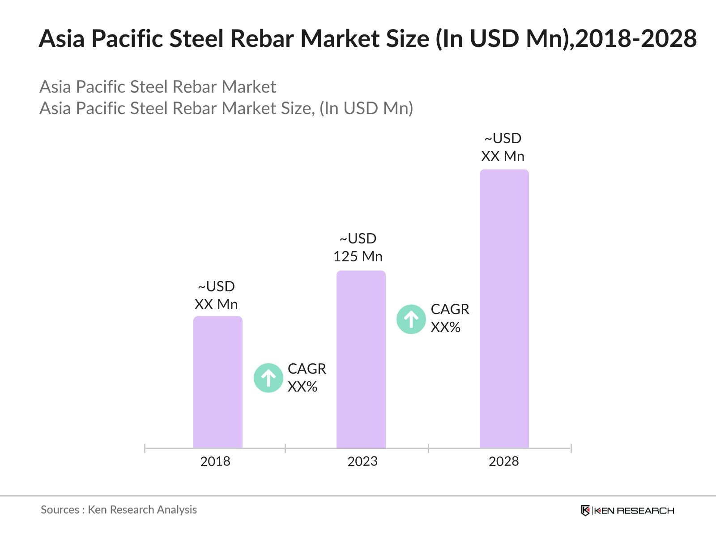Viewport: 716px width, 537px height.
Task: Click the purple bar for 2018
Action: click(217, 383)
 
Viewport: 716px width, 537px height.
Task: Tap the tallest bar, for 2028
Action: click(504, 309)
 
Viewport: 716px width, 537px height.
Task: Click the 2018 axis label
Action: click(215, 461)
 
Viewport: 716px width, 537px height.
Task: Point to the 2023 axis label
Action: click(362, 461)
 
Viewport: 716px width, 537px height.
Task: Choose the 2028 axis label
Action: click(503, 461)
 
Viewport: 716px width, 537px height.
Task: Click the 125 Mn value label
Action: click(358, 256)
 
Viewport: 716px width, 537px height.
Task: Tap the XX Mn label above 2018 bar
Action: click(216, 304)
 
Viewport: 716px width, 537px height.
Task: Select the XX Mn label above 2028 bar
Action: click(503, 156)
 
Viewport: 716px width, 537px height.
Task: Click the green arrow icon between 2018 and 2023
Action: click(268, 378)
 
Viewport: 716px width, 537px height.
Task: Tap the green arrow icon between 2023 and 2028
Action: click(411, 320)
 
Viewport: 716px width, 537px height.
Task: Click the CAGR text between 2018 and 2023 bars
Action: click(307, 369)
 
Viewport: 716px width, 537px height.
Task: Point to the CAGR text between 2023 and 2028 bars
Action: click(450, 309)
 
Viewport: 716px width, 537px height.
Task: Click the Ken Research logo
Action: click(627, 511)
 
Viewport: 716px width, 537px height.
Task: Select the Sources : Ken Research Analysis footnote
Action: click(119, 510)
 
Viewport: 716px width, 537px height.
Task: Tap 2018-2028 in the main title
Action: click(635, 38)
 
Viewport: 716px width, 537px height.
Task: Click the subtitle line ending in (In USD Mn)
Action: click(226, 108)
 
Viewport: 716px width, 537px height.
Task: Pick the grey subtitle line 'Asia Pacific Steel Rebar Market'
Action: click(158, 87)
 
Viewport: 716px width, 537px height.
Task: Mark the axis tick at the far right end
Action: click(571, 448)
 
